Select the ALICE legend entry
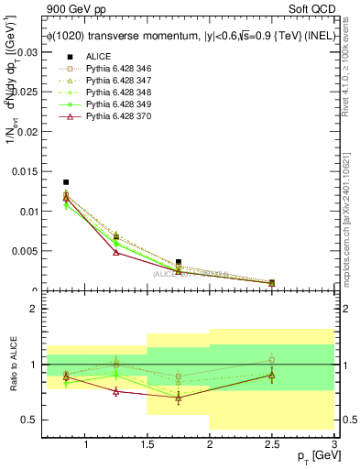point(97,57)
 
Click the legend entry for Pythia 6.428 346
point(116,69)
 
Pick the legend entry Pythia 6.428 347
point(116,81)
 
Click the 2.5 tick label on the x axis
point(271,445)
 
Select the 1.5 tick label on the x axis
point(147,445)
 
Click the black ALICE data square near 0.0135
point(66,182)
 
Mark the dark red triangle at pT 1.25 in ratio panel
point(115,391)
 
